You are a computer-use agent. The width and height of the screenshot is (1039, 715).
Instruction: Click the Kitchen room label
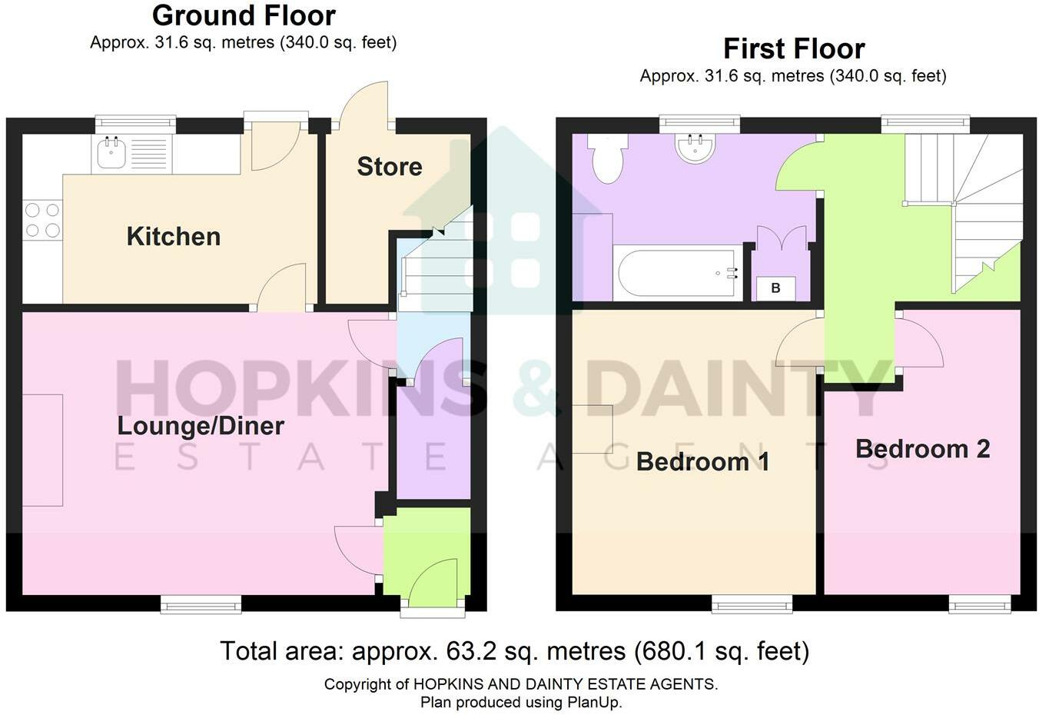click(173, 236)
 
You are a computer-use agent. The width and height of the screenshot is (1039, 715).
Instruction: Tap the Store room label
click(389, 166)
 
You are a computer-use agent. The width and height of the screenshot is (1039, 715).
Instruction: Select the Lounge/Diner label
click(201, 425)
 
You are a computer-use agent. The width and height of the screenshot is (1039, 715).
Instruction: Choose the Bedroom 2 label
click(922, 448)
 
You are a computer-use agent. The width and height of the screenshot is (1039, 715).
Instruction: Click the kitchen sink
click(109, 153)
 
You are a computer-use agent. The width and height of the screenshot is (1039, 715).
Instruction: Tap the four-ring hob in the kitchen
click(42, 219)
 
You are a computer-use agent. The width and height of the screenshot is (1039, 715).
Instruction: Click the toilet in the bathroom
click(608, 158)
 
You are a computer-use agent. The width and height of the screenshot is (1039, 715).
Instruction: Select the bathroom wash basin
click(696, 148)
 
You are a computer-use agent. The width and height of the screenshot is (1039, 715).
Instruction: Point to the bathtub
click(676, 272)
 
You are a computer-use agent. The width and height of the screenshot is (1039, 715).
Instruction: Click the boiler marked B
click(775, 288)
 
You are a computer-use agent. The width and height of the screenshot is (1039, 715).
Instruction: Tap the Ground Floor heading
click(244, 15)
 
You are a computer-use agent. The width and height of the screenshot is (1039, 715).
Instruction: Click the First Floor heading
click(793, 48)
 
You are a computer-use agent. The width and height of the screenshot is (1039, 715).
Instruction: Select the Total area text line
click(514, 651)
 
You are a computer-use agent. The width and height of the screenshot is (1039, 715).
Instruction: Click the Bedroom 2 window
click(979, 606)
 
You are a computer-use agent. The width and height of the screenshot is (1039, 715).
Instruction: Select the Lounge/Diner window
click(201, 606)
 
